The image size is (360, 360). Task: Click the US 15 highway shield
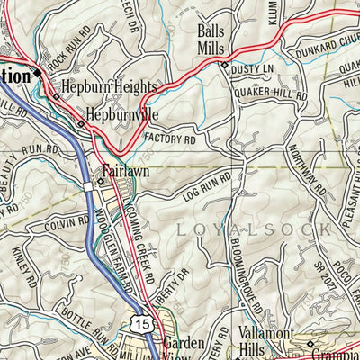point(139,322)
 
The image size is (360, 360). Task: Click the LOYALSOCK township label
point(254,229)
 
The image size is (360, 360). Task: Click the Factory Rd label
point(169,139)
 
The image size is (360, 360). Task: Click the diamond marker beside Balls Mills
point(224,65)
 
